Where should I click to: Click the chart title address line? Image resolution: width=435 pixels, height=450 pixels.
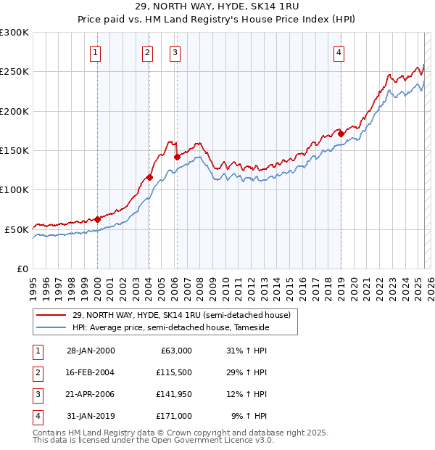pos(217,7)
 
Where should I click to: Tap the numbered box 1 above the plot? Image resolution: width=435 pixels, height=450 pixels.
pos(96,52)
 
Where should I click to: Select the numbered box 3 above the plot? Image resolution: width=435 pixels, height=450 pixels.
pos(175,52)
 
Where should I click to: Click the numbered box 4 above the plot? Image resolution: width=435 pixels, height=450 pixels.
pos(339,52)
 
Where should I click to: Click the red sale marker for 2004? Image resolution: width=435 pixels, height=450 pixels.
pos(149,177)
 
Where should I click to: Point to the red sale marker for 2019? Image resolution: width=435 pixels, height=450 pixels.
pos(341,134)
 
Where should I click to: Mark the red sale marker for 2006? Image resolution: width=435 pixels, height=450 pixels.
pos(177,156)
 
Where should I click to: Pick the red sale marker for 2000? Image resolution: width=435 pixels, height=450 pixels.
pos(97,218)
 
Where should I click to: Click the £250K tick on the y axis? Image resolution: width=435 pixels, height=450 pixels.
pos(14,72)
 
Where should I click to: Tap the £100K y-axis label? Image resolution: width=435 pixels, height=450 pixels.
pos(14,189)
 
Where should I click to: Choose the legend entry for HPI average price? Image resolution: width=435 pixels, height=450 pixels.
pos(170,328)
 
